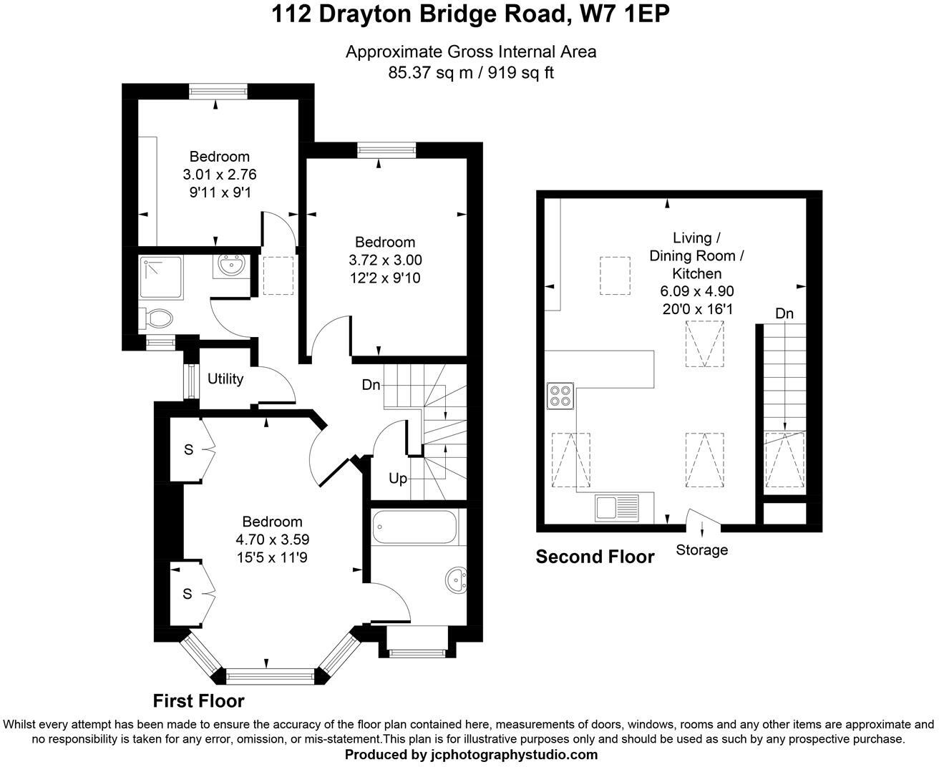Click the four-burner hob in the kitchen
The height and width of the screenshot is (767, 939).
click(x=560, y=396)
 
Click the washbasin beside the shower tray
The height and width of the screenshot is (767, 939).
click(x=231, y=266)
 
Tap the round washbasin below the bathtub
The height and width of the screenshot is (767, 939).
click(x=455, y=580)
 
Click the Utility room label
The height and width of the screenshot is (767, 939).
click(x=225, y=379)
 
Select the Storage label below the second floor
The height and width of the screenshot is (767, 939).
click(x=701, y=550)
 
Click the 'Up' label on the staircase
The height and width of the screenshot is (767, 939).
click(x=398, y=478)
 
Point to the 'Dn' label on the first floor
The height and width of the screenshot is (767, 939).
click(x=371, y=385)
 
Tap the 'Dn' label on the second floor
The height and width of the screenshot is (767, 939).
click(x=784, y=313)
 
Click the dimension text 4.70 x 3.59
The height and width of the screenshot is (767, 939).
click(x=272, y=539)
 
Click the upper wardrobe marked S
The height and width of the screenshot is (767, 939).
click(x=188, y=449)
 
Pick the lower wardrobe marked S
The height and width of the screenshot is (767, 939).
click(x=188, y=593)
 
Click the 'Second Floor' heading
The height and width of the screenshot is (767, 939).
click(x=595, y=557)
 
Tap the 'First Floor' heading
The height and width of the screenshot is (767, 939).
click(x=198, y=700)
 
